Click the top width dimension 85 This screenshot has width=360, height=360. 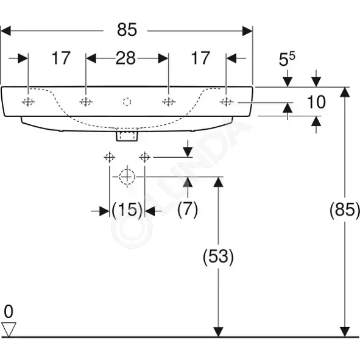click(127, 30)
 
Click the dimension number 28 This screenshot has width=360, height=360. click(125, 58)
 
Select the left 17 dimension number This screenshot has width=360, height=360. click(61, 58)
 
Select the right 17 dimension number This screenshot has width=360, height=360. click(200, 58)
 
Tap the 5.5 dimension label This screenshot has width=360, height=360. click(287, 59)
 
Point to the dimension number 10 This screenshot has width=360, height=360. click(316, 102)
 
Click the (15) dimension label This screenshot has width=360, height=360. click(127, 210)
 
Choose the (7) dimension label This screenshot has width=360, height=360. click(188, 210)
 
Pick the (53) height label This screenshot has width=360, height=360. click(218, 256)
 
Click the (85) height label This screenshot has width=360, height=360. click(345, 210)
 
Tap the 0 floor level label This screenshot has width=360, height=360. click(9, 311)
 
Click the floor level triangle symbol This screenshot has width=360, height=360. click(9, 330)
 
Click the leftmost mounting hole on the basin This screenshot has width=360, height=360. click(28, 102)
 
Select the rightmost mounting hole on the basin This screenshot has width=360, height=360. click(227, 102)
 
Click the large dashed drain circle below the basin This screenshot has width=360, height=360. click(127, 169)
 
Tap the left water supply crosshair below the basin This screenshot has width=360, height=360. click(109, 158)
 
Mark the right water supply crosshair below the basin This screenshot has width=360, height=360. click(144, 158)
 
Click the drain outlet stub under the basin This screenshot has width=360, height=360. click(127, 136)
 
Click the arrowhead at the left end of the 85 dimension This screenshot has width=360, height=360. click(5, 31)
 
